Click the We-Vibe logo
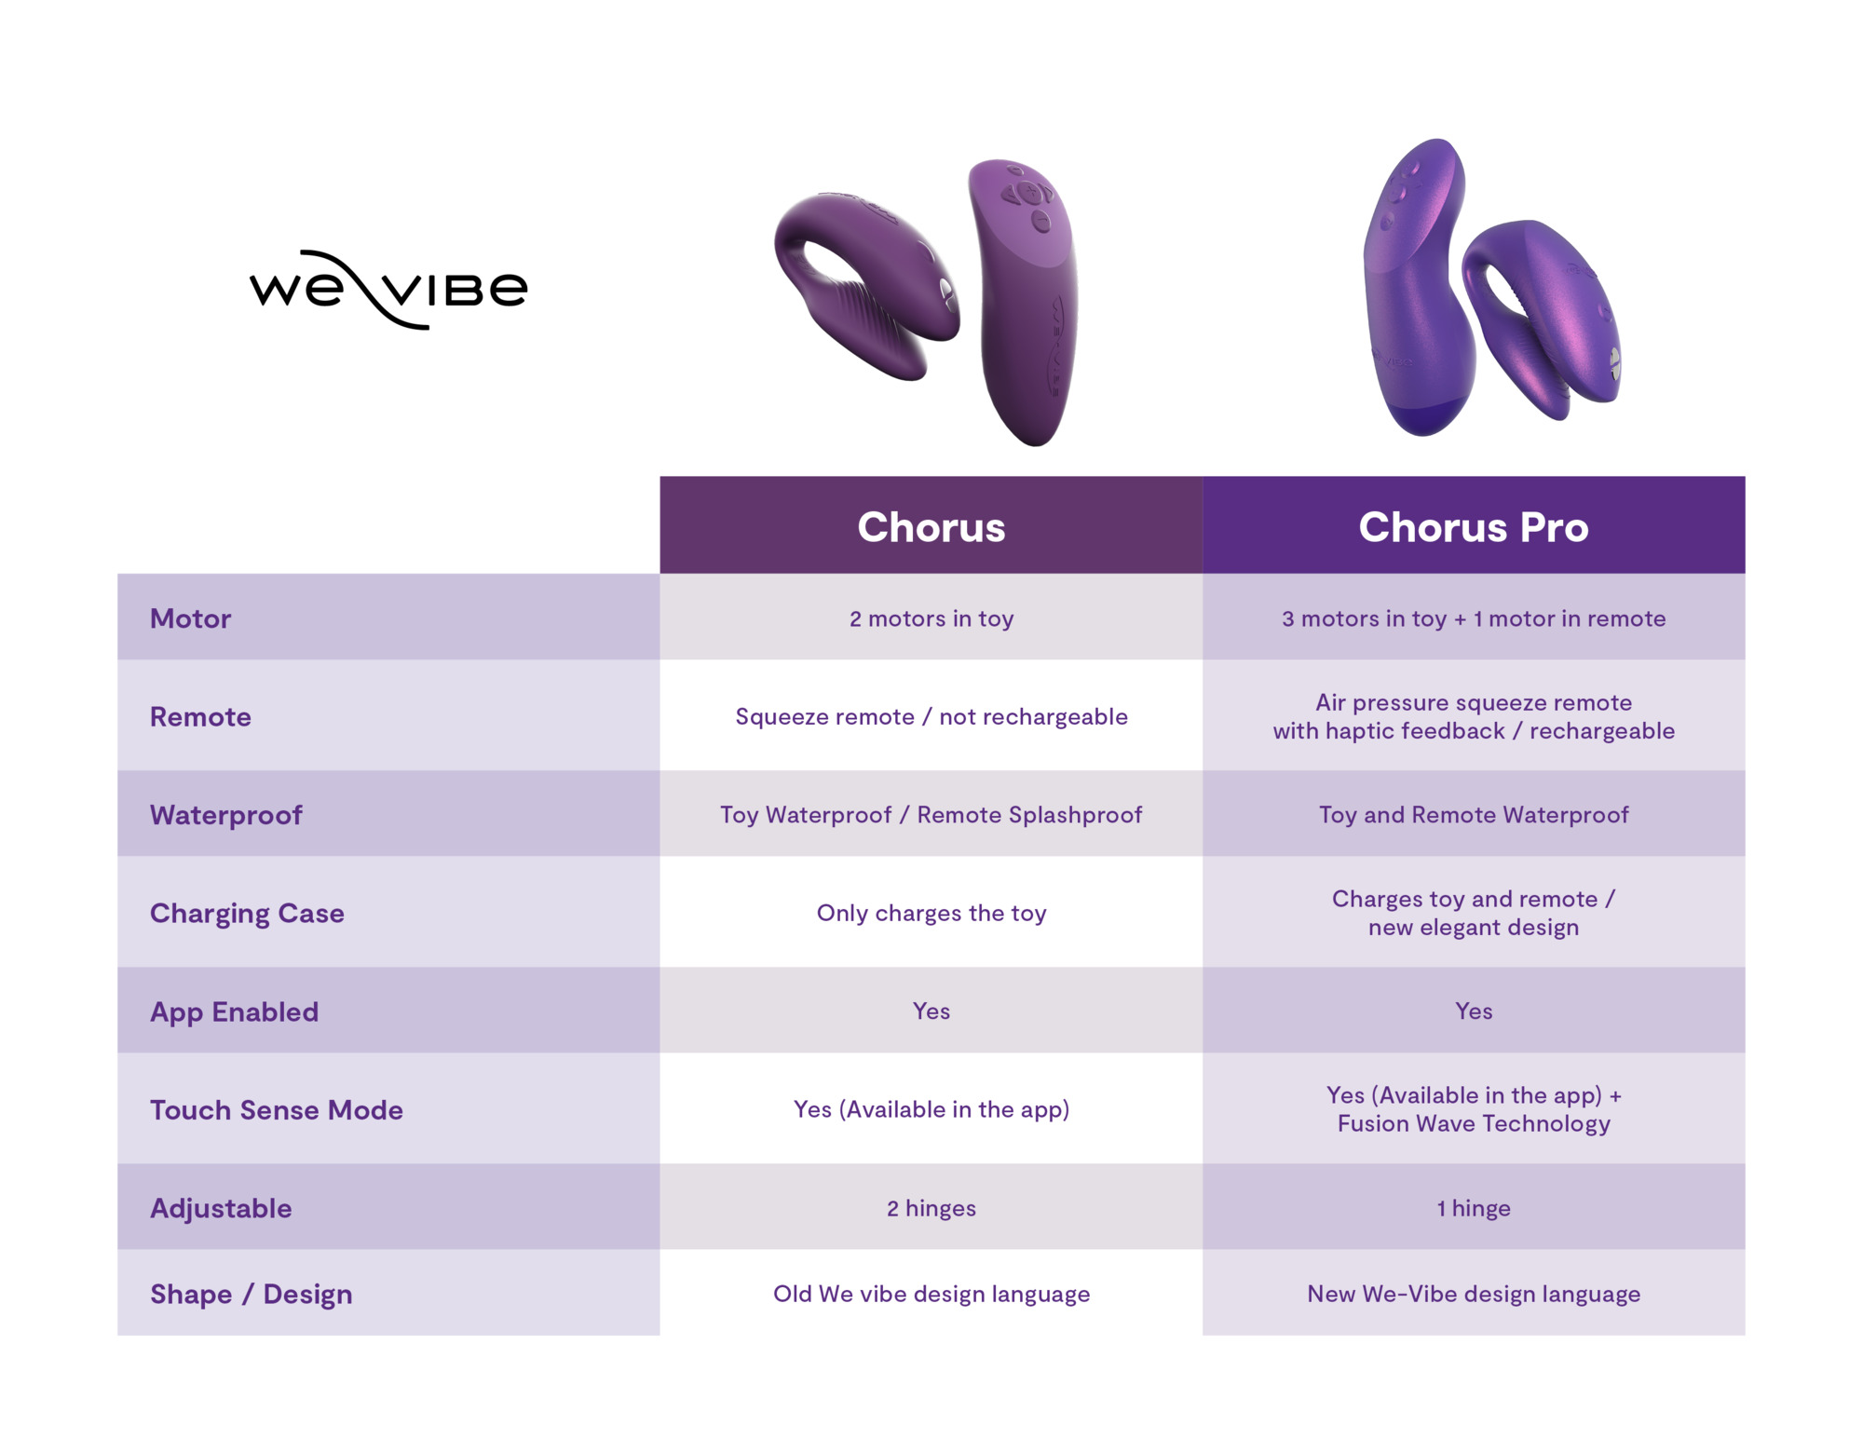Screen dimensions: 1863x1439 click(388, 289)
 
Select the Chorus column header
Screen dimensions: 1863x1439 click(931, 527)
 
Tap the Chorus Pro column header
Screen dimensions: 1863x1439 click(1474, 527)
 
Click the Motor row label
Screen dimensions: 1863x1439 click(190, 618)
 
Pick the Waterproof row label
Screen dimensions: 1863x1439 click(226, 815)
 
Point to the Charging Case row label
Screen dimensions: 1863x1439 click(247, 914)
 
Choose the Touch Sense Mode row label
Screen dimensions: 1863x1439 click(277, 1110)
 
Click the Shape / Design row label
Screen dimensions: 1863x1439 click(252, 1294)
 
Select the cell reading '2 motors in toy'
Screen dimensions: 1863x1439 click(931, 618)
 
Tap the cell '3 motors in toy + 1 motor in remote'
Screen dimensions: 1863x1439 click(1474, 618)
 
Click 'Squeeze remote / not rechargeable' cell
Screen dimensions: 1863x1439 click(931, 716)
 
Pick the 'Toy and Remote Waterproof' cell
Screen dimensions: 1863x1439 click(1474, 815)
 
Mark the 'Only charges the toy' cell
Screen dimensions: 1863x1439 click(931, 913)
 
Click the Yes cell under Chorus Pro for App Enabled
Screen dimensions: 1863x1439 click(1474, 1011)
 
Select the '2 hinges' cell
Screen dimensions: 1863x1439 click(931, 1208)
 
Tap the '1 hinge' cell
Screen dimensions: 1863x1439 click(1474, 1208)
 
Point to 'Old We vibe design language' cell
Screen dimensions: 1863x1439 click(931, 1294)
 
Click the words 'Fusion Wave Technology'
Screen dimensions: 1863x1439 click(1474, 1124)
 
